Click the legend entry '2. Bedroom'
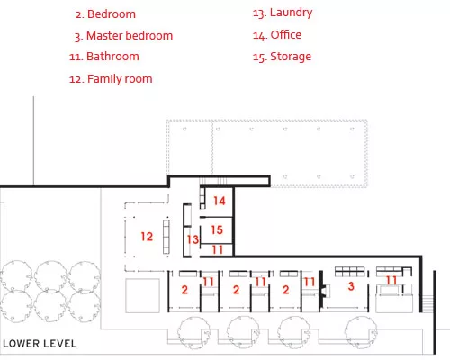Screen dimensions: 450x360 click(105, 14)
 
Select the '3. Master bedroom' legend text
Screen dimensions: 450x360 click(124, 36)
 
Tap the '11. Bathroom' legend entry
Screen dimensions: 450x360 click(104, 57)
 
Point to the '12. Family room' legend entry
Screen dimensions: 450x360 click(111, 79)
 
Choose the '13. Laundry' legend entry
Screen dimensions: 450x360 click(283, 13)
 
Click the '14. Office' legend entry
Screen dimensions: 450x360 click(277, 35)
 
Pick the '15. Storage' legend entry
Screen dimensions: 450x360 click(282, 57)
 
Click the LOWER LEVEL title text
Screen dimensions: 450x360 click(40, 344)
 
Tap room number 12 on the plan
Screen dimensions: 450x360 click(147, 237)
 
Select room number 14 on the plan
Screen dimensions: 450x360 click(220, 201)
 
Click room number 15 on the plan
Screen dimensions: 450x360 click(217, 229)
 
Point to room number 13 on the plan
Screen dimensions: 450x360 click(193, 239)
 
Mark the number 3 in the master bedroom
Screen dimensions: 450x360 click(351, 286)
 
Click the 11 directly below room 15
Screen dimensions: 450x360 click(218, 249)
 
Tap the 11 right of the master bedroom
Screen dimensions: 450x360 click(391, 281)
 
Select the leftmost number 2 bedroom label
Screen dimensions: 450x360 click(184, 290)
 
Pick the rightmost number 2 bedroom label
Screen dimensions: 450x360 click(285, 290)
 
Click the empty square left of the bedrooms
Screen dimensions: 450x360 click(142, 296)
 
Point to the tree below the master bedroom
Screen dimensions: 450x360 click(361, 332)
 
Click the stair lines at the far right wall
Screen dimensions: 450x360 click(427, 303)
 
